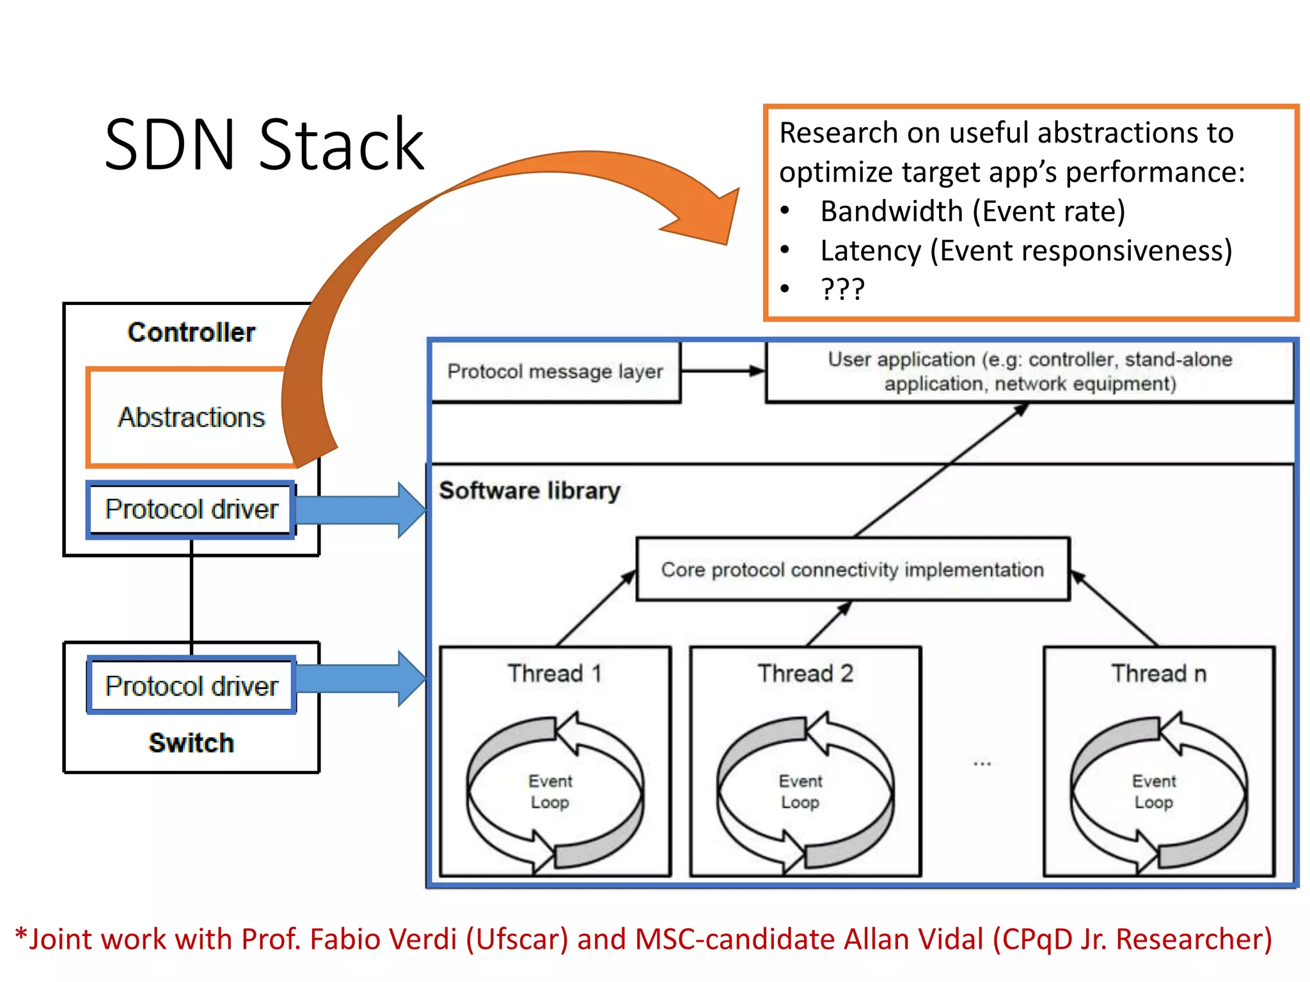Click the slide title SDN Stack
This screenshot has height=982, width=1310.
pos(264,146)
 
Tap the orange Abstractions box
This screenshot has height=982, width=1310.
pos(191,417)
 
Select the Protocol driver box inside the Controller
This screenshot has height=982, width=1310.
pos(191,510)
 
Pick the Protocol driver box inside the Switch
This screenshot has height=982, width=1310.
pos(191,686)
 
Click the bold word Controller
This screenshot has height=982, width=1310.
pos(191,332)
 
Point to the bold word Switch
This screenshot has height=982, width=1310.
pos(191,743)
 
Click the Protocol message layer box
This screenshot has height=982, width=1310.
pos(555,371)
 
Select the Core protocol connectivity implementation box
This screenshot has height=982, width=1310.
pos(852,569)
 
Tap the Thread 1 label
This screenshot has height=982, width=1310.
pos(555,673)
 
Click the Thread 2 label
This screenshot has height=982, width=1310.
pos(805,673)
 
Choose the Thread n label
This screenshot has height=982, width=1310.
pos(1158,673)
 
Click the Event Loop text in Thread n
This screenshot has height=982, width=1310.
pos(1154,791)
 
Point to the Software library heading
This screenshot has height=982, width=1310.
pos(530,490)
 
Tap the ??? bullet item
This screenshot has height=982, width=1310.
pos(842,289)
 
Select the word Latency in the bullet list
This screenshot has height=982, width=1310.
pos(870,251)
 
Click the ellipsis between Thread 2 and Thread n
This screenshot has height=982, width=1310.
pos(982,763)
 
